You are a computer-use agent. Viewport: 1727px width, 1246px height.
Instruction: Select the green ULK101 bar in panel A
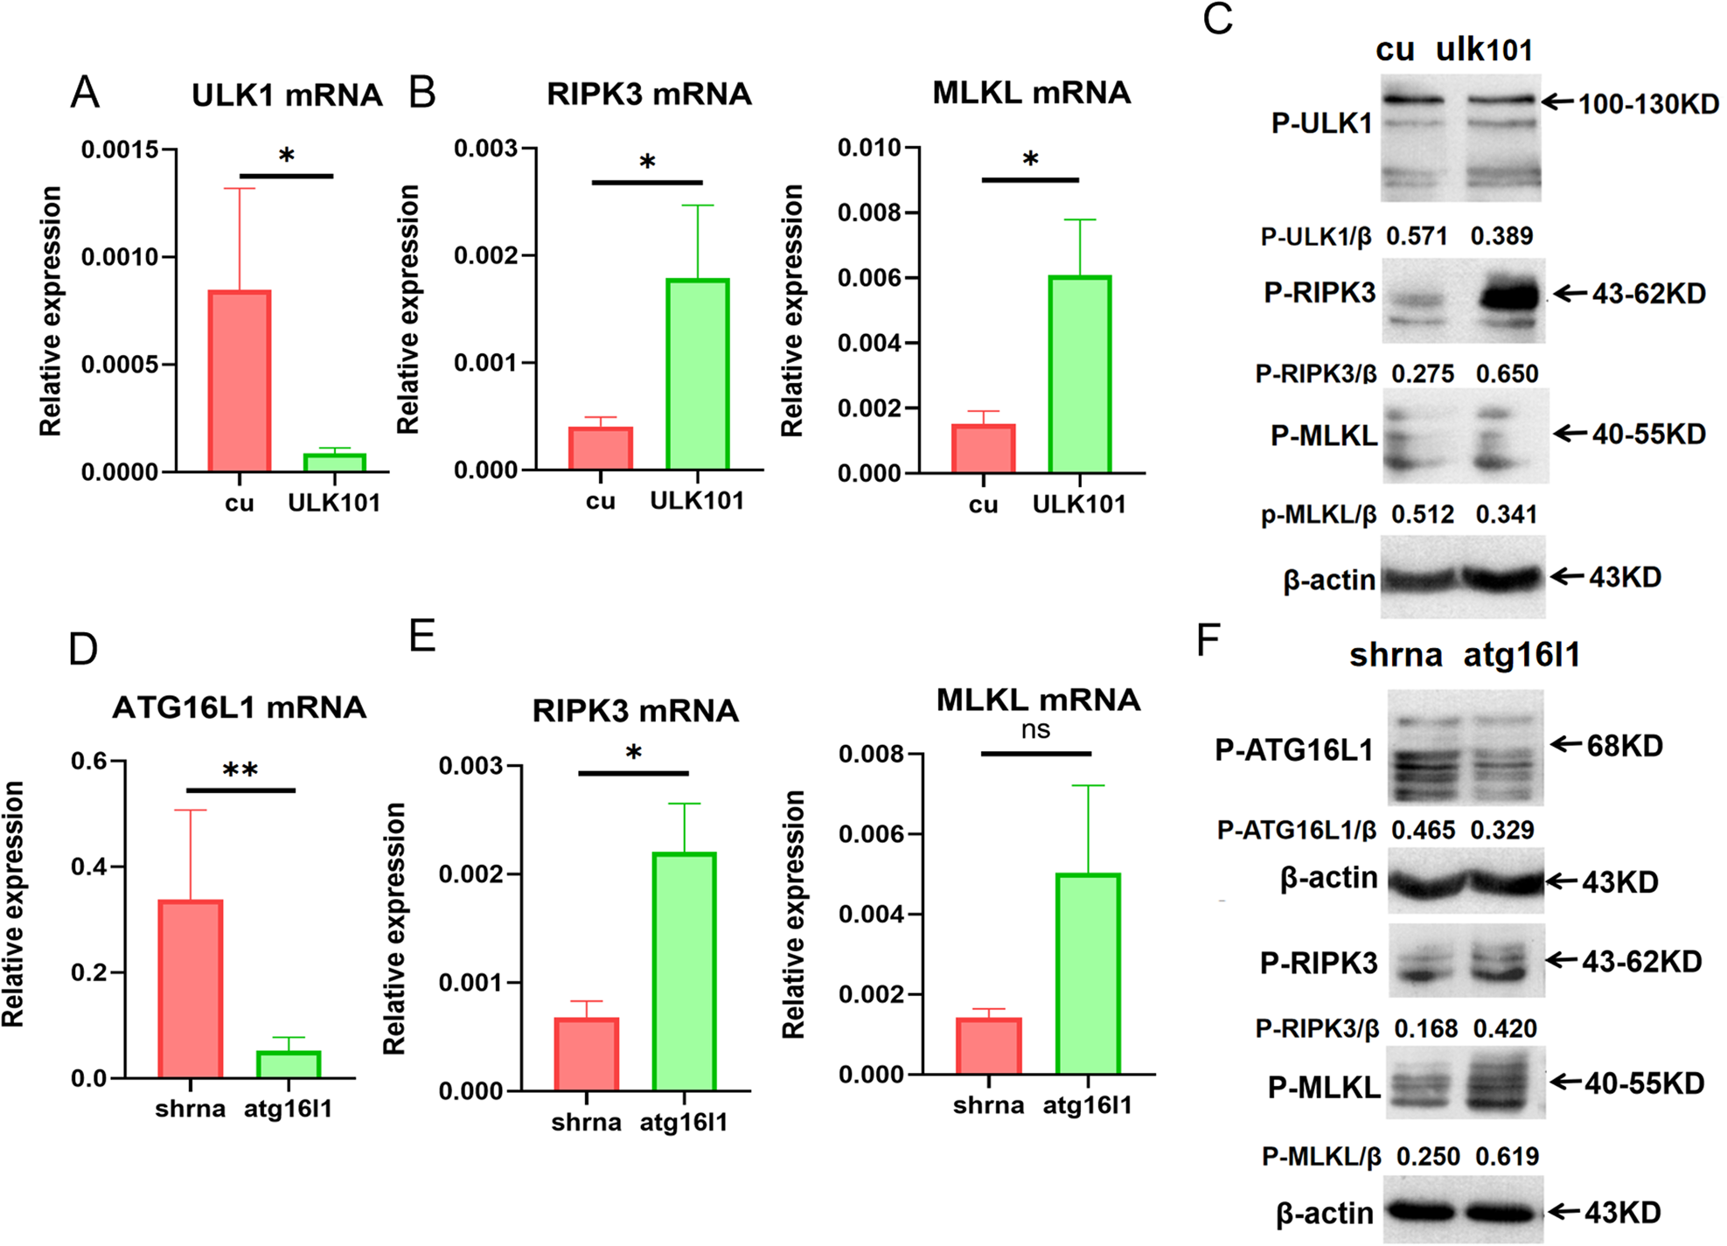[334, 462]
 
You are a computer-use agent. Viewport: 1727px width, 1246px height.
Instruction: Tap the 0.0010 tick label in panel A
[120, 257]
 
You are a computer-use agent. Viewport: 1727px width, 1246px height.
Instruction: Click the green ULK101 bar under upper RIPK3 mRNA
[697, 374]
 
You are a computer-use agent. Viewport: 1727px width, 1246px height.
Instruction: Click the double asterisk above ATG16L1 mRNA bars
[240, 770]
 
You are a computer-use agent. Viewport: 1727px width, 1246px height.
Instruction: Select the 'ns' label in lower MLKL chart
[1035, 730]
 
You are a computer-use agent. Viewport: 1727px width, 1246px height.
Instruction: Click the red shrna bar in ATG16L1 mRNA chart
[190, 988]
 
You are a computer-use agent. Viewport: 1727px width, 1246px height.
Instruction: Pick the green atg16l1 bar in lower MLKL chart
[1087, 973]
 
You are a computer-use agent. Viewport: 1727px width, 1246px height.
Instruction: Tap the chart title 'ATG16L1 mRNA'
[239, 707]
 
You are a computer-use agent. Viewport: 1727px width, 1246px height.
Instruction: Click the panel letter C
[1217, 19]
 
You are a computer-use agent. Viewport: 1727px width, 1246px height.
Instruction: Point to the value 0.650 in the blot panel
[1507, 374]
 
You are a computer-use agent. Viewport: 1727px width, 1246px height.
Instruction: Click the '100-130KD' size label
[1647, 104]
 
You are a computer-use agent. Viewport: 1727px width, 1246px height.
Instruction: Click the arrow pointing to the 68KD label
[1566, 745]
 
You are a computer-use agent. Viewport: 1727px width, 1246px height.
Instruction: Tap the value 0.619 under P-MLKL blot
[1507, 1157]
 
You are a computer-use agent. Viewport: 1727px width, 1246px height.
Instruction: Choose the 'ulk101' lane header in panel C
[1484, 50]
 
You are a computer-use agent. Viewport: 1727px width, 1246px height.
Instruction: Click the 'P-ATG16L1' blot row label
[1293, 750]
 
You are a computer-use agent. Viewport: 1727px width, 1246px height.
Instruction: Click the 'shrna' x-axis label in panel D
[190, 1109]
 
